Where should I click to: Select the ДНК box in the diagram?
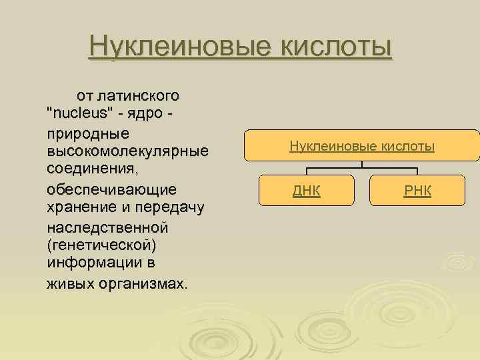pyautogui.click(x=307, y=191)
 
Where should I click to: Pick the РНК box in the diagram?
pyautogui.click(x=418, y=191)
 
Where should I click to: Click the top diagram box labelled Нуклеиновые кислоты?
pyautogui.click(x=362, y=145)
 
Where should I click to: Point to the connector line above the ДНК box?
pyautogui.click(x=307, y=170)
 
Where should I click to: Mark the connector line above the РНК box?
pyautogui.click(x=418, y=170)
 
